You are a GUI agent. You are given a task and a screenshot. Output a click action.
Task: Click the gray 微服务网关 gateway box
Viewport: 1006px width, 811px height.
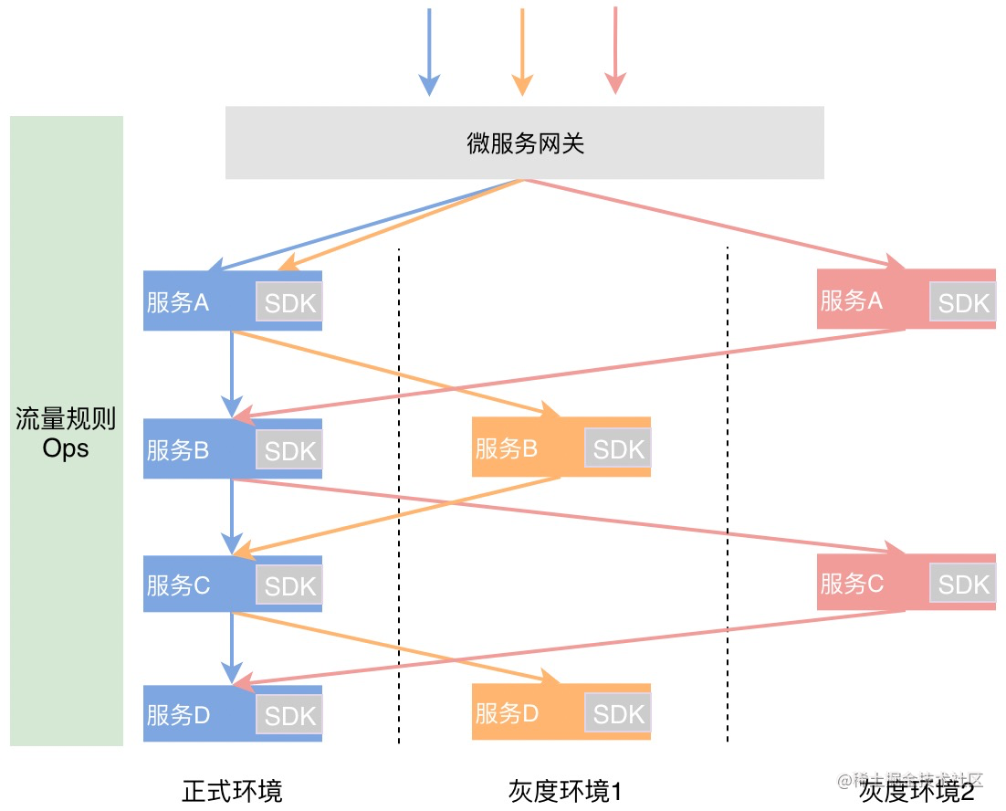(525, 142)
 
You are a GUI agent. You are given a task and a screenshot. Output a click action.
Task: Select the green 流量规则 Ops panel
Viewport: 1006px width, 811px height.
(66, 430)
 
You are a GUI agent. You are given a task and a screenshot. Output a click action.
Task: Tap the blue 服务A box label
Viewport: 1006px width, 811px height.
(178, 302)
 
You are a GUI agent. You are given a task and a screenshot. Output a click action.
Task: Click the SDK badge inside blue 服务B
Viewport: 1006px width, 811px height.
(289, 450)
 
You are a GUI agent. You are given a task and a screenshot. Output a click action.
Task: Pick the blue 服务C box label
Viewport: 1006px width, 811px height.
(178, 585)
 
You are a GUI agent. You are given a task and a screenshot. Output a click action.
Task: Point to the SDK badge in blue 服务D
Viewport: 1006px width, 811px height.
(289, 715)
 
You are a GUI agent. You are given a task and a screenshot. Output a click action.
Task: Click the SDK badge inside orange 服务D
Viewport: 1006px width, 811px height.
(618, 714)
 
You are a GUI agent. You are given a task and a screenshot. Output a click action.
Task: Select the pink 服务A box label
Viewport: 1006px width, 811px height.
(852, 300)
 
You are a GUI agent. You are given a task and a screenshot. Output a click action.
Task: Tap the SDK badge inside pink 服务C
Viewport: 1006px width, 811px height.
(963, 585)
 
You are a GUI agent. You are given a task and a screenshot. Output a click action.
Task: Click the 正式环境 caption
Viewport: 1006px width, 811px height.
(232, 790)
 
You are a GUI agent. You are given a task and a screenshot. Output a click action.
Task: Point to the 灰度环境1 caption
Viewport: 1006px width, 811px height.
(564, 790)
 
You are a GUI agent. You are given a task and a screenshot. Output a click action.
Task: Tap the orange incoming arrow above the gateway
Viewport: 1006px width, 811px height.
(522, 51)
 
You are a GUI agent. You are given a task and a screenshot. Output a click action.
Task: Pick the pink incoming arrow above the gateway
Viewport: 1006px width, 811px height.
(616, 49)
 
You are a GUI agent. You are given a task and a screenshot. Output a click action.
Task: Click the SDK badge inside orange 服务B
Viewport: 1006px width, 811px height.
(618, 449)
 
